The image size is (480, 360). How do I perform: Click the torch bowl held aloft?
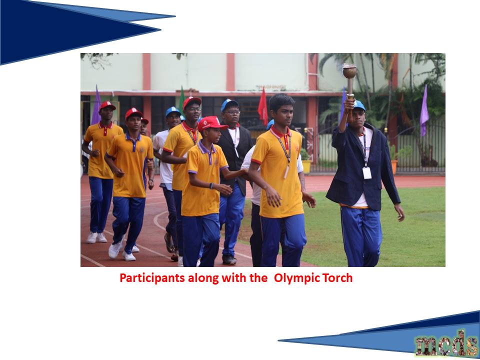349,71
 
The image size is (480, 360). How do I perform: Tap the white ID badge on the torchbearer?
366,173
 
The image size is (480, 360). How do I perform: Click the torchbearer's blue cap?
359,105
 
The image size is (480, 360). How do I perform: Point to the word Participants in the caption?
152,278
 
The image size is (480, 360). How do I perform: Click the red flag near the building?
262,106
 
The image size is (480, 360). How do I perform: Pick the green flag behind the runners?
182,97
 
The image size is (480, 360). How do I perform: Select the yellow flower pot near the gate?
306,166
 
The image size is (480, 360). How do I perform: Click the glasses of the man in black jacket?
232,112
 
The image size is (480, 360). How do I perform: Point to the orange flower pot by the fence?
394,167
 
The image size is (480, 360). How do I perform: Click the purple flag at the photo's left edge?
96,105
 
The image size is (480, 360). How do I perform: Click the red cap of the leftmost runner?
107,105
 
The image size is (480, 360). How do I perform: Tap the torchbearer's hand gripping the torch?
349,104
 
